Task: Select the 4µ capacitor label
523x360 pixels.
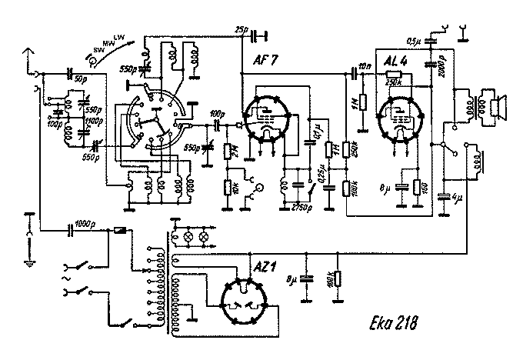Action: pos(458,198)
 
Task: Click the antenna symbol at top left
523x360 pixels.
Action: pos(28,55)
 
